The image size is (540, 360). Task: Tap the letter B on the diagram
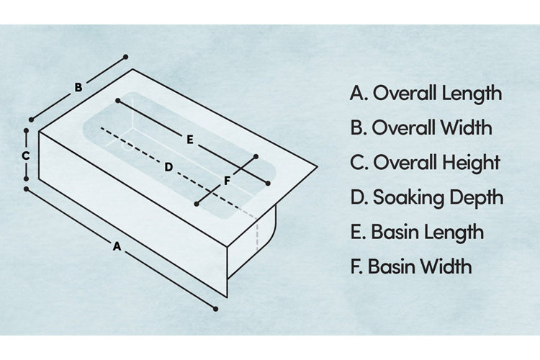pos(78,88)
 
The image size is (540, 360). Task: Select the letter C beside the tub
pos(25,156)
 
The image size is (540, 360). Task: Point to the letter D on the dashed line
pos(168,167)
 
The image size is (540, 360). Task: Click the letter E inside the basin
pos(189,140)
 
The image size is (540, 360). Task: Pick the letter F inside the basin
pos(227,181)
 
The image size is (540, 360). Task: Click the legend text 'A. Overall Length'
pos(426,94)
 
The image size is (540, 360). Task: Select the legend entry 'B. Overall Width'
pos(421,128)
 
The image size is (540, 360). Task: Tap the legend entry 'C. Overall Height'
pos(425,163)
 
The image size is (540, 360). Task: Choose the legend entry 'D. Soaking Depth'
pos(426,197)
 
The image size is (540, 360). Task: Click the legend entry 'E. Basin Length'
pos(417,232)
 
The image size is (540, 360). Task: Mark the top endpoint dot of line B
pos(126,56)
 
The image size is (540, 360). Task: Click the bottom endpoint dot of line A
pos(216,308)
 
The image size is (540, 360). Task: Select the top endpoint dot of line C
pos(26,131)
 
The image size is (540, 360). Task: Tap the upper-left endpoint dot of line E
pos(117,102)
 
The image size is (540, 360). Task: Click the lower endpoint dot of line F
pos(197,205)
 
